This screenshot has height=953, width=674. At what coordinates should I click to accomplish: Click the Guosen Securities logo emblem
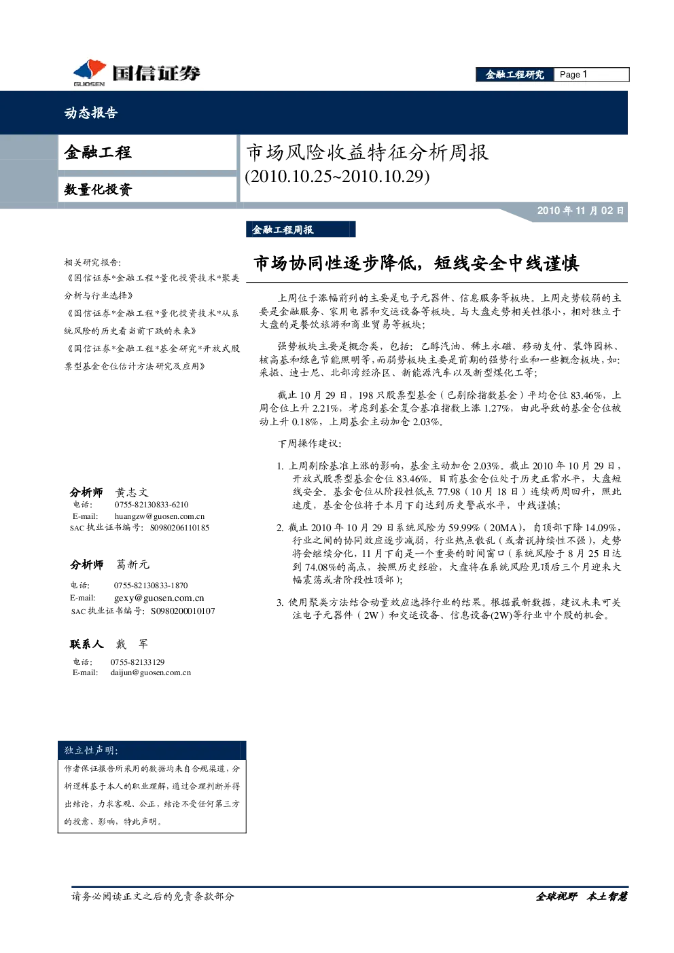[90, 72]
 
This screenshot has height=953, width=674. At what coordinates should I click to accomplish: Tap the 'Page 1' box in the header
[591, 75]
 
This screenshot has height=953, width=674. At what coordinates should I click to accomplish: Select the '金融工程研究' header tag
[515, 75]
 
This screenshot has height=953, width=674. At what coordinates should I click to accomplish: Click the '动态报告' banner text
[90, 113]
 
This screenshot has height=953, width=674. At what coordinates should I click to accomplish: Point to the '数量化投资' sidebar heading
[99, 190]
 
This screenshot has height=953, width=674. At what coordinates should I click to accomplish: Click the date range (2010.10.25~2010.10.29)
[338, 176]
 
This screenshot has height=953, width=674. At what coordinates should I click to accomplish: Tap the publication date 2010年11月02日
[580, 211]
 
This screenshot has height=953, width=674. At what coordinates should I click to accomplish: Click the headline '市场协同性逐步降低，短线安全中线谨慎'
[416, 264]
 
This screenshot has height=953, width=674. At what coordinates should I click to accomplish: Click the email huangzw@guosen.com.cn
[160, 516]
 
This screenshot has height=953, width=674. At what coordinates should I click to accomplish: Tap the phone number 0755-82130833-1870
[151, 586]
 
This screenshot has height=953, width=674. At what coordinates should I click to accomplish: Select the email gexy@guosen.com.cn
[159, 598]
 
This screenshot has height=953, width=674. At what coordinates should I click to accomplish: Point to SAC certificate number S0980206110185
[179, 528]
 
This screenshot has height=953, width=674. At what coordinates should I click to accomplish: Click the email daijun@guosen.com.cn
[151, 672]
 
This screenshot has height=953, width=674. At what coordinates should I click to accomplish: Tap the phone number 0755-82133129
[137, 662]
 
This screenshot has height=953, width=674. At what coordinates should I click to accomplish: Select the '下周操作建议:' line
[309, 444]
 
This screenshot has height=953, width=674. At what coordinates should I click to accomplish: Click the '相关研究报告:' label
[92, 262]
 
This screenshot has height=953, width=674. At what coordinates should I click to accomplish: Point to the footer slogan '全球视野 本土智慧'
[582, 897]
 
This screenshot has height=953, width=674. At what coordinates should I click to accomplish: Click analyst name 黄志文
[132, 492]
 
